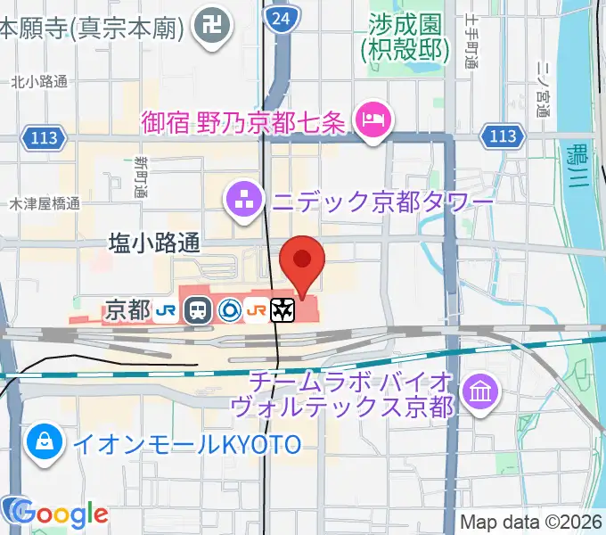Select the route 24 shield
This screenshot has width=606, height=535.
[x=282, y=18]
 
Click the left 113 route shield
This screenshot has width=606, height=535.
[x=39, y=136]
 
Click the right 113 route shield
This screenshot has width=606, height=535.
[x=504, y=136]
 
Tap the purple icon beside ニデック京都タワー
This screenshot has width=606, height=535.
[x=243, y=202]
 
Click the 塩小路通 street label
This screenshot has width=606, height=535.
[x=155, y=242]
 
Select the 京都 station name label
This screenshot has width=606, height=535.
[x=127, y=310]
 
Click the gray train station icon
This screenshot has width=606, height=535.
[x=197, y=310]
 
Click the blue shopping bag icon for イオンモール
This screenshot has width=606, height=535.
[x=43, y=442]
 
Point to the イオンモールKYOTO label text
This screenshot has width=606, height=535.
[x=187, y=444]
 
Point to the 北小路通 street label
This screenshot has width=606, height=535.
[x=39, y=82]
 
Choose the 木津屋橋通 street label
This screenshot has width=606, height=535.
[x=45, y=204]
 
